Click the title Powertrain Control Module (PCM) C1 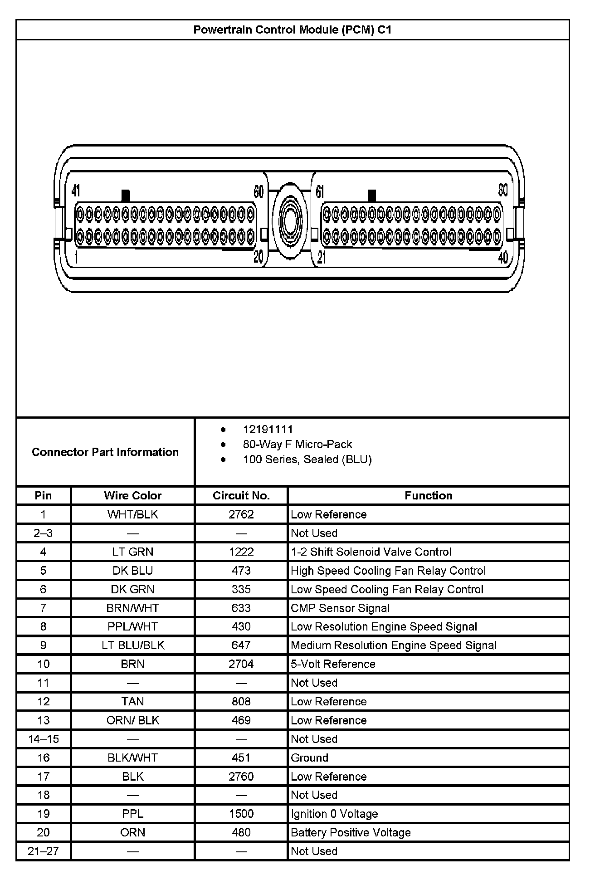[292, 30]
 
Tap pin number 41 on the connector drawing [76, 191]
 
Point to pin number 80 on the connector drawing [502, 190]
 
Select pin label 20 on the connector [258, 257]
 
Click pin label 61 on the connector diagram [320, 192]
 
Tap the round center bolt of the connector [290, 221]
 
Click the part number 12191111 [268, 429]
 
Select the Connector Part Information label [105, 452]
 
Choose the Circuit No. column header [241, 495]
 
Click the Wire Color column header [132, 495]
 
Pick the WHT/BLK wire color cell [132, 514]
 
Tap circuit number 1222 [241, 552]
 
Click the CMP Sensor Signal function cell [340, 608]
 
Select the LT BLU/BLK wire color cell [132, 645]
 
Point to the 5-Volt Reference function [333, 664]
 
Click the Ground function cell [309, 758]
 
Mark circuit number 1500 [241, 814]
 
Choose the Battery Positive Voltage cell [351, 832]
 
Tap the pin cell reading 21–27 [44, 851]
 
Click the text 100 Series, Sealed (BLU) [307, 459]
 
